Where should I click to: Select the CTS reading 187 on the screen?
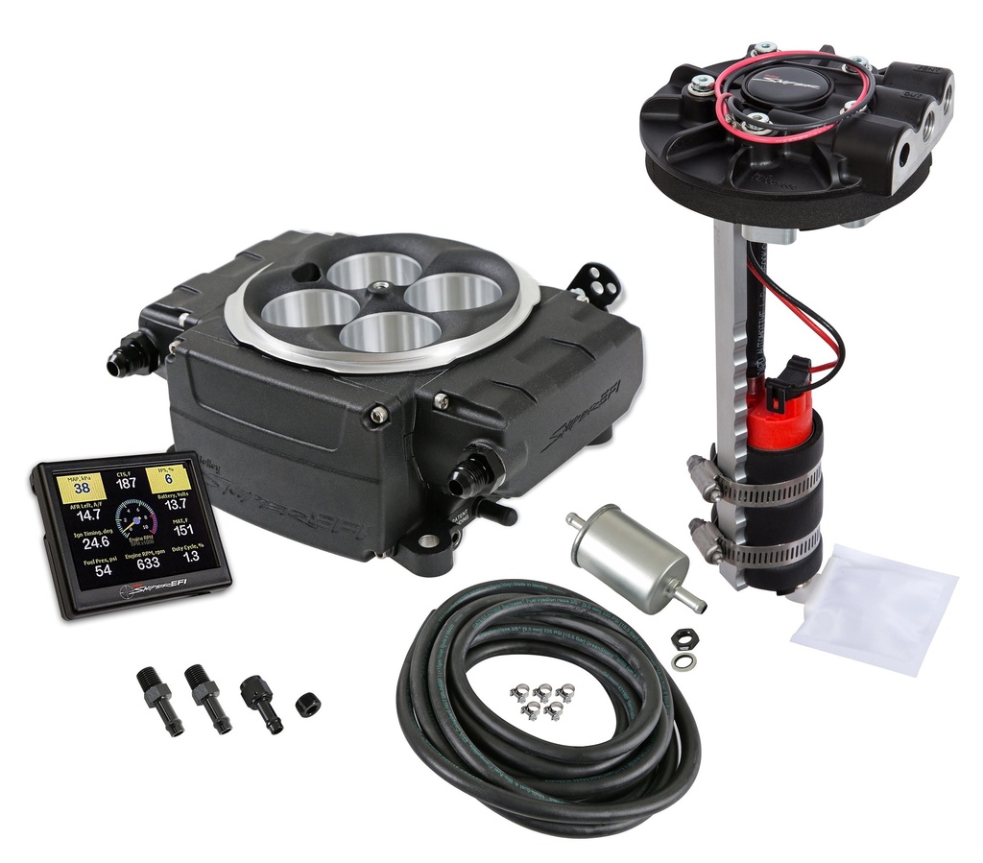(x=125, y=483)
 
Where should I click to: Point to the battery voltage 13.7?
(x=176, y=504)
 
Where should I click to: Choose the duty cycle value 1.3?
(x=191, y=556)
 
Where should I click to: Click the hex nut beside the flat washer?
(x=684, y=637)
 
